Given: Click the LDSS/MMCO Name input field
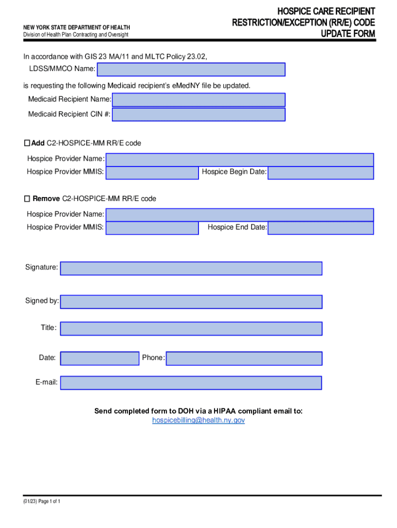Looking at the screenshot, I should [x=191, y=70].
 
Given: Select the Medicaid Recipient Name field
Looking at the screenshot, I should [x=198, y=100].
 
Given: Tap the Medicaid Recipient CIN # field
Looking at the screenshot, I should [x=198, y=114].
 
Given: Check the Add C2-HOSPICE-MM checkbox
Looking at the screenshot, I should [x=28, y=143].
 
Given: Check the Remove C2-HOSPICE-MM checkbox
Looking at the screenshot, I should [x=28, y=199].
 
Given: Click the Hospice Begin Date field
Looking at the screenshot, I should [x=321, y=172].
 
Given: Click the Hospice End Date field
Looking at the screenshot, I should [x=321, y=227].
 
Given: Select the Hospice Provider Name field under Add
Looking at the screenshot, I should [x=240, y=159].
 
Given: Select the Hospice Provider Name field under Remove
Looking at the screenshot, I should [x=240, y=214].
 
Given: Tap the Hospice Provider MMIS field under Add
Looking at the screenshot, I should [x=152, y=172].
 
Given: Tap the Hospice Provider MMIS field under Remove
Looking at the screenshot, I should [x=152, y=227].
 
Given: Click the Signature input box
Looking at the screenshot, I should [x=191, y=268].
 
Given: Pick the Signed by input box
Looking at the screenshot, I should [x=191, y=302].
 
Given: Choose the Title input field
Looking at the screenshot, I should [x=191, y=328].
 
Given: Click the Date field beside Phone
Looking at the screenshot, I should [x=100, y=358].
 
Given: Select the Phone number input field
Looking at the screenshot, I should [x=244, y=358].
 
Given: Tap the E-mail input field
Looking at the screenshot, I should [x=191, y=383].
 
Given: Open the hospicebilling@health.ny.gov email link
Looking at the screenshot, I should [x=198, y=420].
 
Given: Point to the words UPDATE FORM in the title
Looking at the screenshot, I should [x=348, y=35].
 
